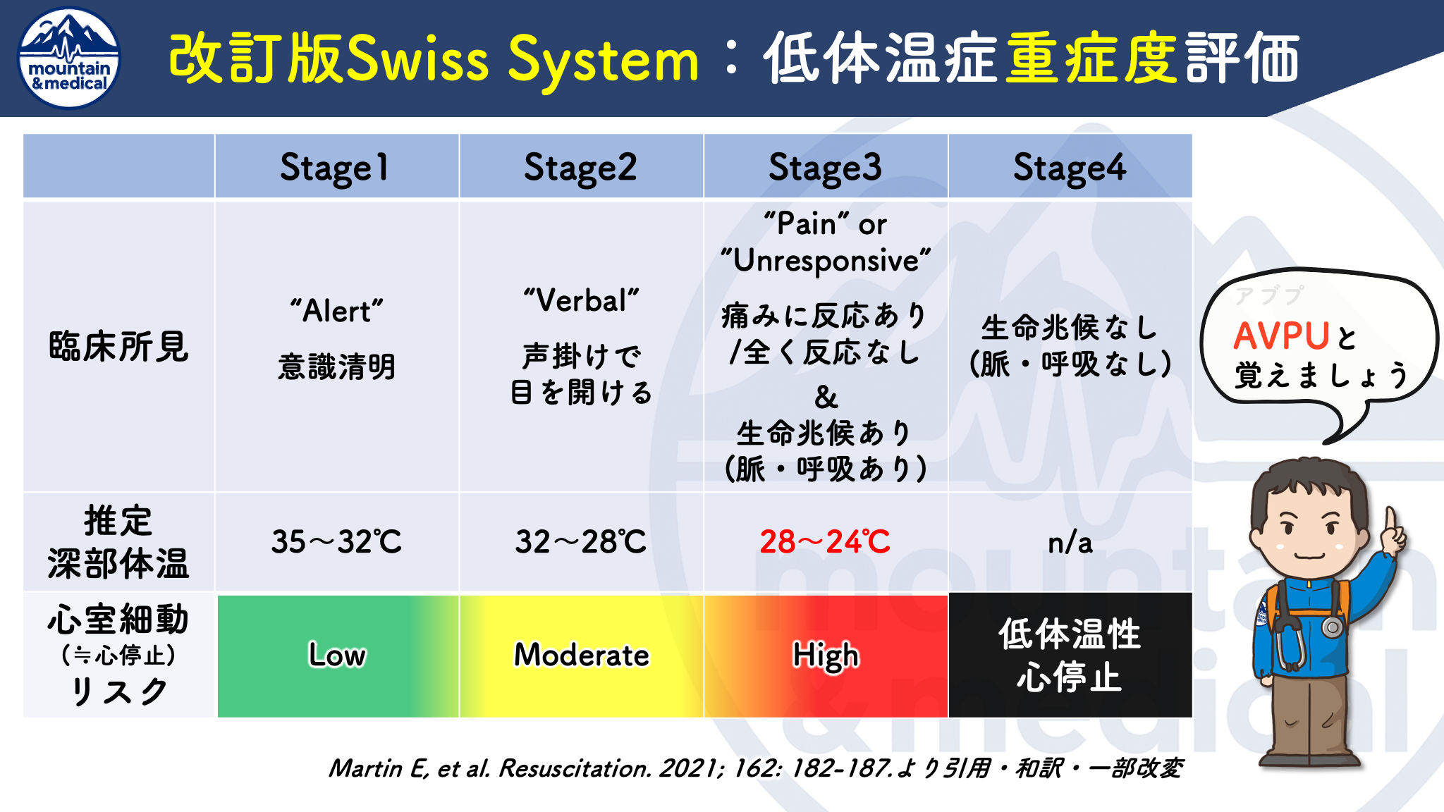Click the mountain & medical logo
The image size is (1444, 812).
pos(69,59)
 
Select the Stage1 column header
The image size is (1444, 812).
pos(337,166)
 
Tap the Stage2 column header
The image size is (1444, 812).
pos(581,166)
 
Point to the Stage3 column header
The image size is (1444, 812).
pos(826,166)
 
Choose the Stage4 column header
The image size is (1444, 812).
pos(1070,166)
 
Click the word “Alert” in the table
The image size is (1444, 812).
pos(337,311)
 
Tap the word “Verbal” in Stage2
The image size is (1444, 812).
pos(581,300)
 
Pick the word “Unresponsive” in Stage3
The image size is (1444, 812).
pos(826,261)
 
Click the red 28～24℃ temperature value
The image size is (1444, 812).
pos(825,541)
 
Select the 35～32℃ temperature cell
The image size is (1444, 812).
pos(337,541)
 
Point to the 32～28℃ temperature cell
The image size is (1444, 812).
pos(581,541)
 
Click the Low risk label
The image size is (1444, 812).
pos(337,655)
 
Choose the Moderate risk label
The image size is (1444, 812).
pos(581,655)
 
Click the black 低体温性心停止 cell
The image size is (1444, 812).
pos(1070,656)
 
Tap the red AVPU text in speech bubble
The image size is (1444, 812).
pos(1281,336)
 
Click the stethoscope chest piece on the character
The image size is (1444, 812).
pos(1332,627)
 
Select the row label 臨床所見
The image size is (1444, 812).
pos(119,346)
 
